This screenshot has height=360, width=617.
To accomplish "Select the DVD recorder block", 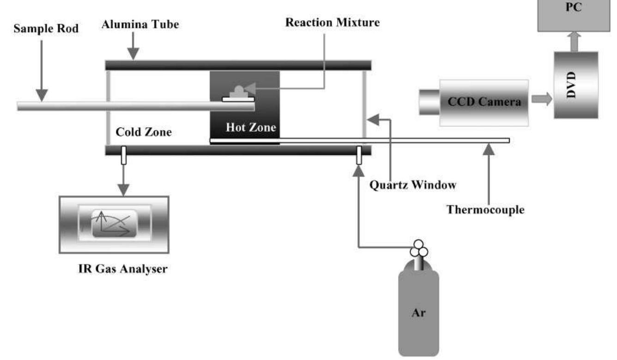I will pos(575,85).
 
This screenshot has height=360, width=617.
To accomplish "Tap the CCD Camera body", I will pos(483,102).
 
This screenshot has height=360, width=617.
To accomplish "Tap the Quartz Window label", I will pos(413,185).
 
